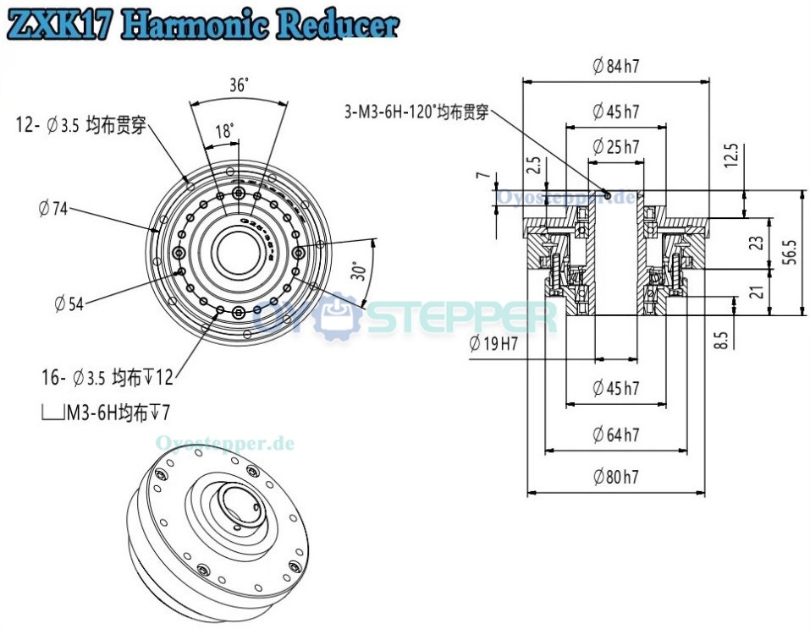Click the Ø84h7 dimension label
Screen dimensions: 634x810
615,67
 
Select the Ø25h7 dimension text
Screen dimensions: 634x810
615,147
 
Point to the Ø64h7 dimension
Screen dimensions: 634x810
615,435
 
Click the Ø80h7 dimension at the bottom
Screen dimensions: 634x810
615,477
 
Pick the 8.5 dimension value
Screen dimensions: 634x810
721,341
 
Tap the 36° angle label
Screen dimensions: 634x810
238,85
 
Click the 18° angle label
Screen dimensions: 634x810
224,131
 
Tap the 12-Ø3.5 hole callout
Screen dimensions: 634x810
81,126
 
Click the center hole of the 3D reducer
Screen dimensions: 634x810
238,511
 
